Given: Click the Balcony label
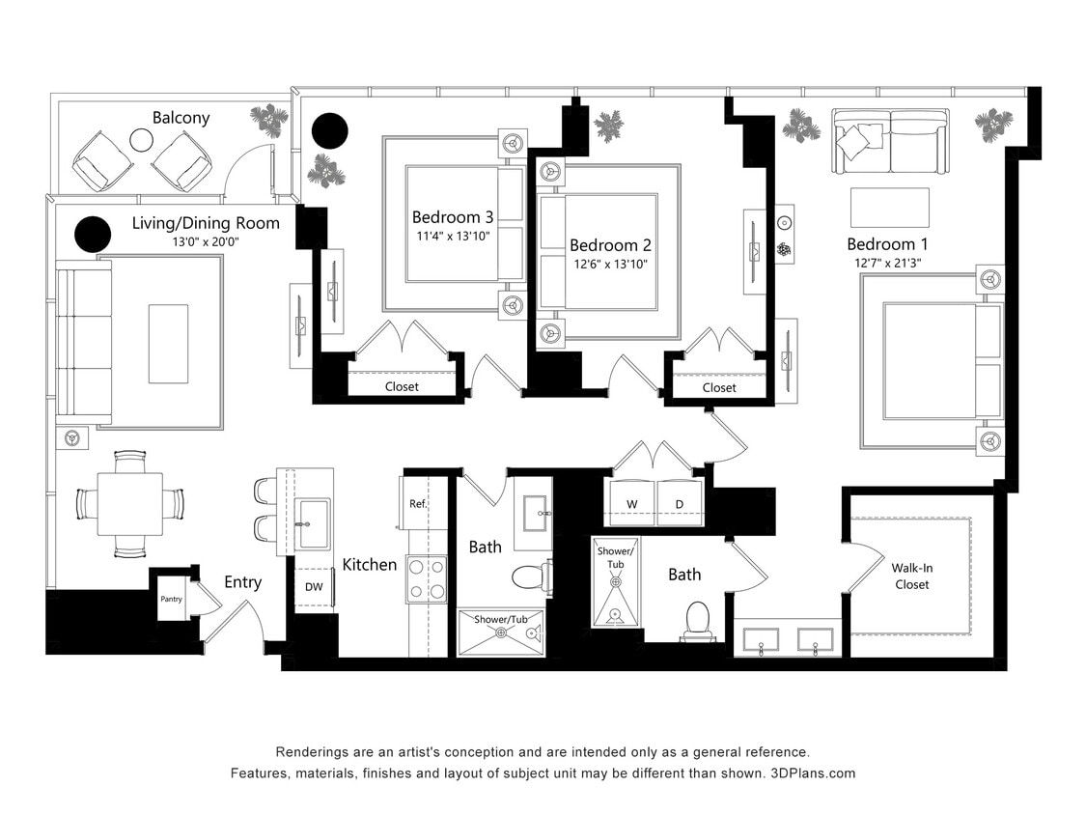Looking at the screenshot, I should pos(181,118).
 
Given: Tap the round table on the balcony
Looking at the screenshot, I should pos(142,141).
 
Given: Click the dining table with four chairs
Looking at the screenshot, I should pos(129,503).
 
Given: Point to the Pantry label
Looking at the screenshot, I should pos(171,600).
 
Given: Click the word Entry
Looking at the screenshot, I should pos(242,582).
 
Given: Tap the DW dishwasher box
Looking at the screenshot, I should pos(314,586).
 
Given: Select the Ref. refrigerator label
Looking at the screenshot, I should pos(417,503).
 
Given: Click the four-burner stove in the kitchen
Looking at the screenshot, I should pos(426,578).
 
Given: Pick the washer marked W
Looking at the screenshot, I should pos(632,504).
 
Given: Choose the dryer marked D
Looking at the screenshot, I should pos(679,504).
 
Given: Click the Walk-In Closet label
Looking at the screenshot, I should pos(911,576).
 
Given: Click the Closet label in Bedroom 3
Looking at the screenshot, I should pos(402,386).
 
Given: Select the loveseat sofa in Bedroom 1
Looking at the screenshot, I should pos(890,140).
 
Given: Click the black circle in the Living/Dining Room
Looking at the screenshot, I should pos(93,234).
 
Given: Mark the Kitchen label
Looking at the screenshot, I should pos(370,564).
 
